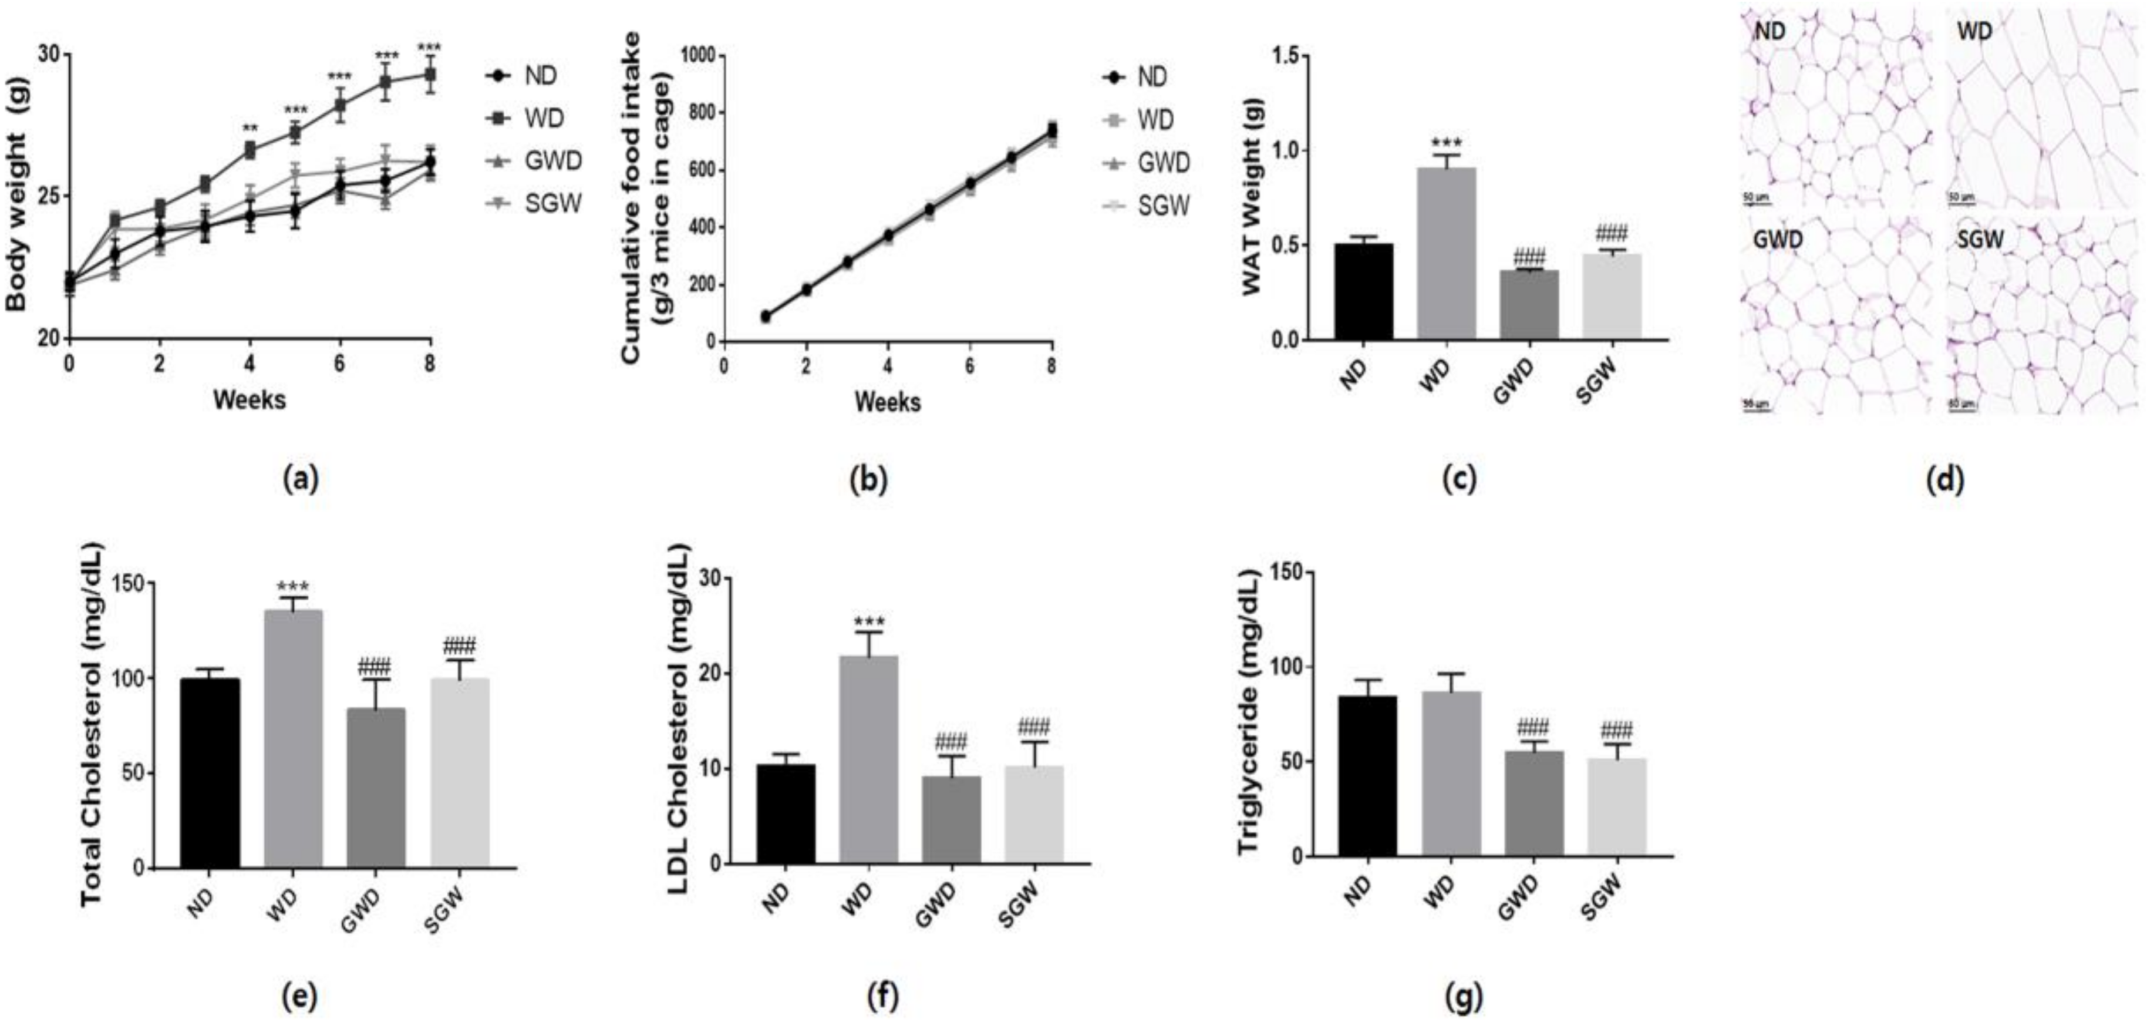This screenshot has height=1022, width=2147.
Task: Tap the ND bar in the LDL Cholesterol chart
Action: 786,813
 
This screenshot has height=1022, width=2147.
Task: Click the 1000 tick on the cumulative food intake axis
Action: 699,55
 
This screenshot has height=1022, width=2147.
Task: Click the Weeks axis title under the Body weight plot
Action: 249,400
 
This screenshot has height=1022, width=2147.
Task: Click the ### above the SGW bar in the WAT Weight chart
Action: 1610,233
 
